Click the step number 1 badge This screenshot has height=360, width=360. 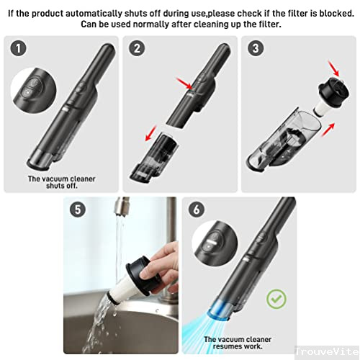pyautogui.click(x=19, y=50)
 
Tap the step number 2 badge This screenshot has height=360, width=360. pyautogui.click(x=136, y=50)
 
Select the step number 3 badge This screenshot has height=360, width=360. pyautogui.click(x=255, y=50)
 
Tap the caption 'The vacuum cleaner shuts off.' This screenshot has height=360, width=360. pyautogui.click(x=61, y=181)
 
